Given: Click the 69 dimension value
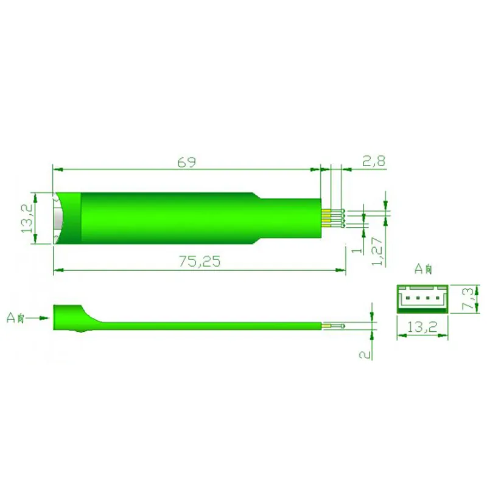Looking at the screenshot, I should coord(186,162).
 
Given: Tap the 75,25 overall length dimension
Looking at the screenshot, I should coord(199,261).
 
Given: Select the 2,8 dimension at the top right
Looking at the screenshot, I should coord(374,161).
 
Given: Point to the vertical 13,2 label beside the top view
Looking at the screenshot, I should coord(27,219).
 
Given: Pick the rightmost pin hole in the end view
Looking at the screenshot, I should coord(436,298).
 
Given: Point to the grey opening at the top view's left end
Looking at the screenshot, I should coord(58,219).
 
